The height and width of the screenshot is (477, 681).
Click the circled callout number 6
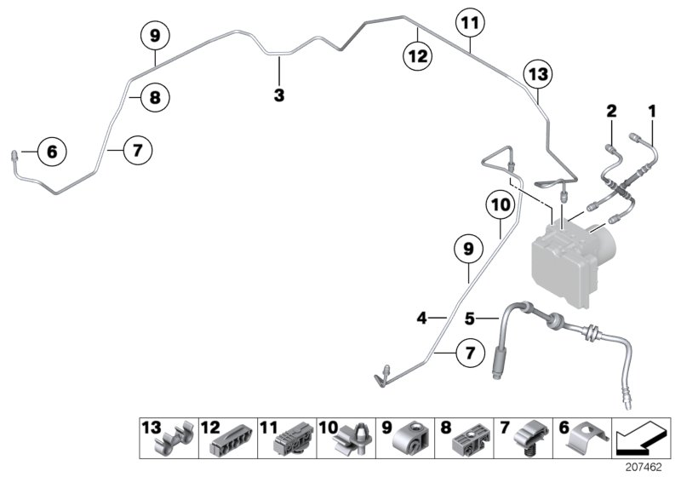tap(52, 152)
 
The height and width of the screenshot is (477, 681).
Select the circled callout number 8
tap(155, 97)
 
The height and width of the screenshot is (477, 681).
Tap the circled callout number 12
tap(418, 56)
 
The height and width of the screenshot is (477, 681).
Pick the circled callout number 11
tap(471, 23)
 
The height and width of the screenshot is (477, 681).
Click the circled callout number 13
tap(538, 74)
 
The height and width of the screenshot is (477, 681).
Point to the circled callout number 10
tap(501, 204)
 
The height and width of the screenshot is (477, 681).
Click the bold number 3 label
tap(279, 95)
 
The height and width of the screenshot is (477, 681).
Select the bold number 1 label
tap(652, 112)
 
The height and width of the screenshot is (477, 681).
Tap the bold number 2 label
tap(611, 112)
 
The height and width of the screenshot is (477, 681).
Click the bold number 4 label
tap(421, 319)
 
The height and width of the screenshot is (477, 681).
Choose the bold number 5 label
tap(470, 319)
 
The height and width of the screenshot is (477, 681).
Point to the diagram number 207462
tap(644, 467)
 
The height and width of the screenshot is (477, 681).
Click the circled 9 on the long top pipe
tap(155, 36)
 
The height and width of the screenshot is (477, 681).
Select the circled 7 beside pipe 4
tap(471, 353)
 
